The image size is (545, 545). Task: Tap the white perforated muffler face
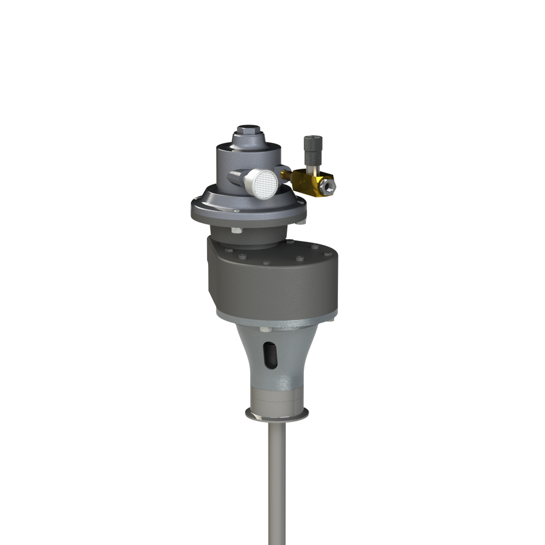click(265, 184)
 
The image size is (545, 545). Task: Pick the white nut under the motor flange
click(236, 230)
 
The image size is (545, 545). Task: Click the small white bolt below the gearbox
click(263, 330)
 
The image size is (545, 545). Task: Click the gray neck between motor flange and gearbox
click(255, 234)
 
